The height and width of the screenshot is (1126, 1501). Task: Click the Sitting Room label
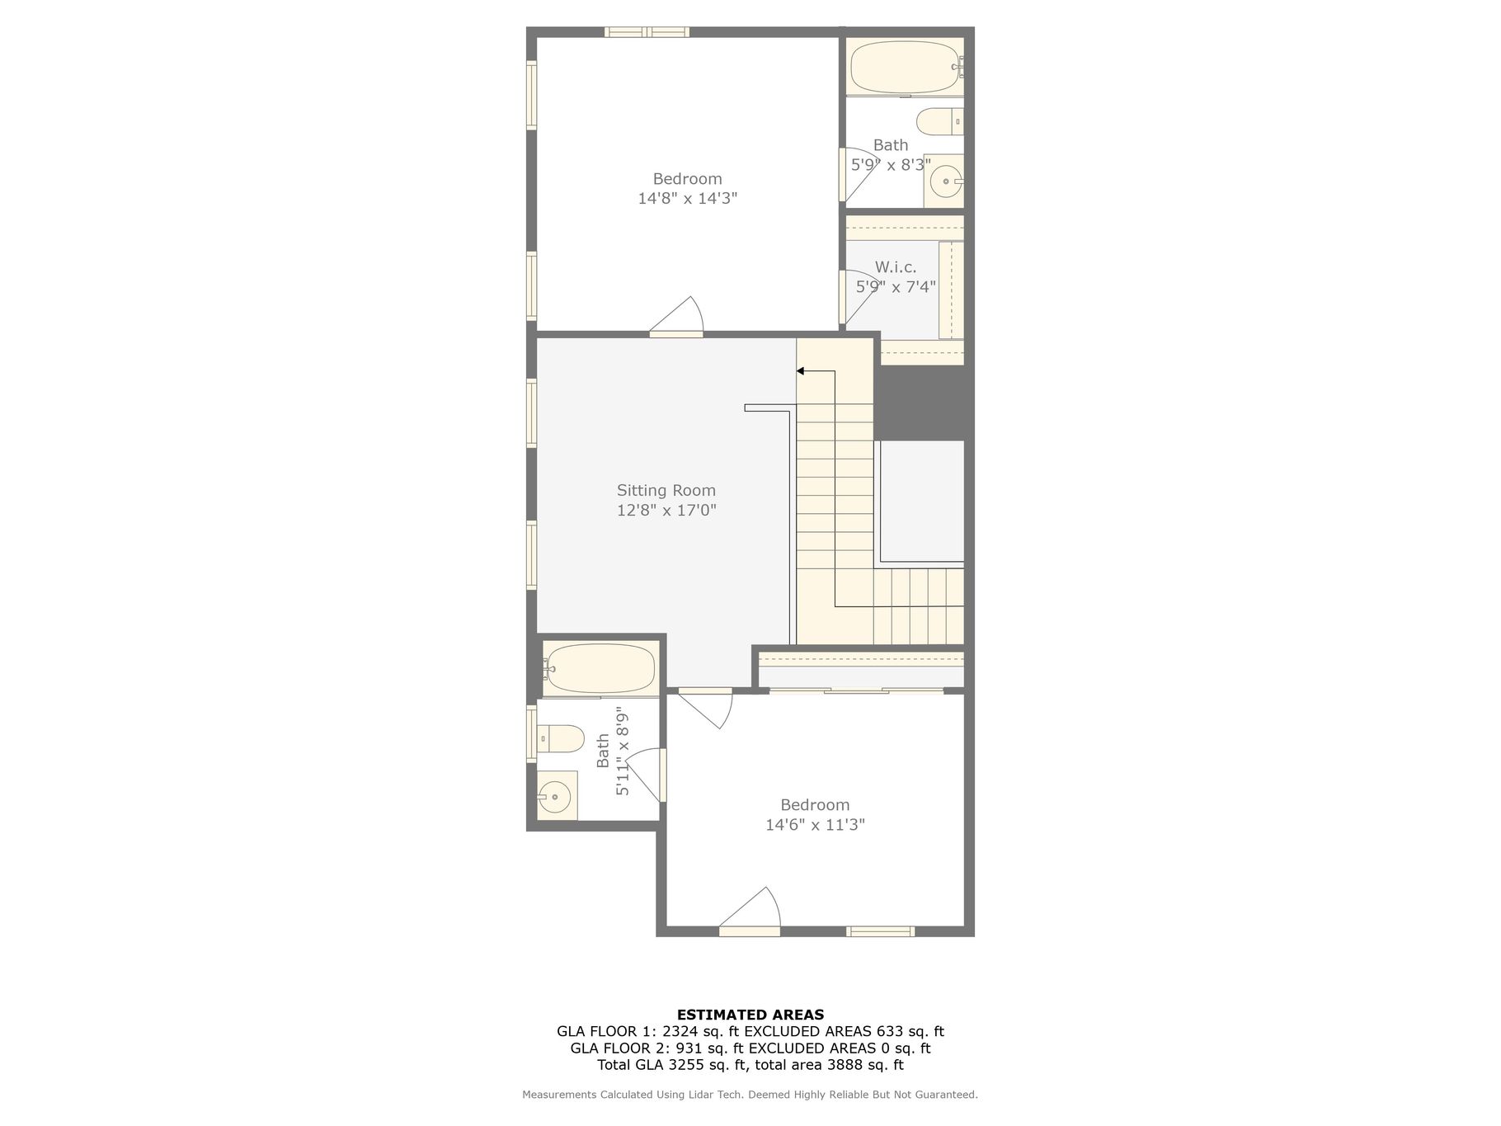666,490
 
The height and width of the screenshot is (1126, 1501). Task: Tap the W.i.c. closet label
896,267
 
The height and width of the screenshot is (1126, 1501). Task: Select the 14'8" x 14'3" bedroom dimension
687,198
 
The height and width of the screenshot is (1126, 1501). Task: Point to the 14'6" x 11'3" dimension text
815,824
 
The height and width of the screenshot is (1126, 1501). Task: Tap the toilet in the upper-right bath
940,121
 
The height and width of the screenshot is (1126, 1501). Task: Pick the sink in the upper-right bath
944,180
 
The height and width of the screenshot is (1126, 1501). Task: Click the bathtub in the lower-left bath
600,667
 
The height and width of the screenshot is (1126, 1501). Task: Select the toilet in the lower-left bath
561,738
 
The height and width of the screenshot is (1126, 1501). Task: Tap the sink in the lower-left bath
557,796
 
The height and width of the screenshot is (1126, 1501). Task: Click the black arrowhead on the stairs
800,371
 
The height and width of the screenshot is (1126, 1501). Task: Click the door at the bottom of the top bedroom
676,318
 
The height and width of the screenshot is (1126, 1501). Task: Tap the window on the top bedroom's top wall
647,32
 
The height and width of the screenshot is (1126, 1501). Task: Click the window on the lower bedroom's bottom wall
881,931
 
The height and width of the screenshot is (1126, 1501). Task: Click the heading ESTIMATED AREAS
750,1015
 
